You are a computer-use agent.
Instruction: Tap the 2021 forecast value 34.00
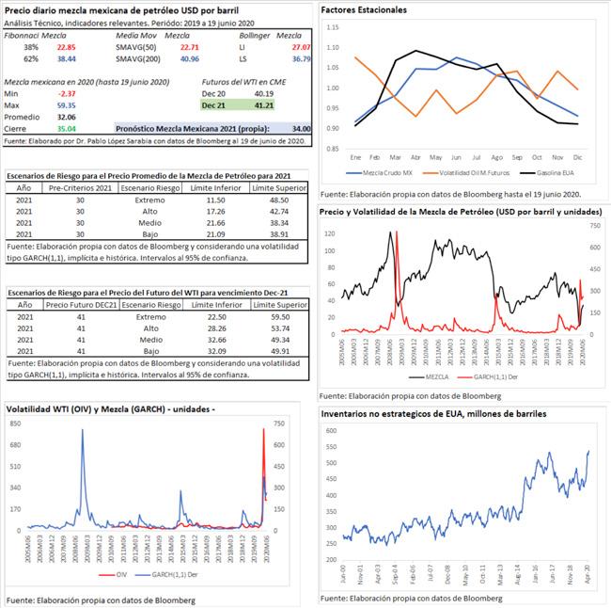301,127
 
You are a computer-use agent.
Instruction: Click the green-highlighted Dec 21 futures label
213,105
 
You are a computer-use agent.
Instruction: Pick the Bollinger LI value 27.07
301,46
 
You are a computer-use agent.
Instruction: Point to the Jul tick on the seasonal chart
477,156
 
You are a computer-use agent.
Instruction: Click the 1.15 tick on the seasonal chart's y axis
330,26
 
